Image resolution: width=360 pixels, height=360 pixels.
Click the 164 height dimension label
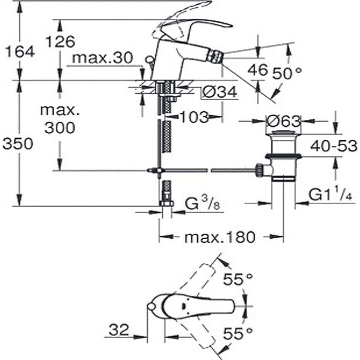pos(20,52)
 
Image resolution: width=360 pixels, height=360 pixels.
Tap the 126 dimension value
pos(60,42)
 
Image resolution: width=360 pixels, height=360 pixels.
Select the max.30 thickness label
pos(102,58)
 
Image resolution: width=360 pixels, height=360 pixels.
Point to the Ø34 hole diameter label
pos(219,92)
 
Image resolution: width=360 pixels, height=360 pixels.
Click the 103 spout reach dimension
pos(194,117)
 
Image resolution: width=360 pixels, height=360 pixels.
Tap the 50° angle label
pos(286,74)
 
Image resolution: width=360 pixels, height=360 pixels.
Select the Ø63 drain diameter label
pos(284,121)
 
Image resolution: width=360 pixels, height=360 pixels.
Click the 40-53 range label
pos(334,146)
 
